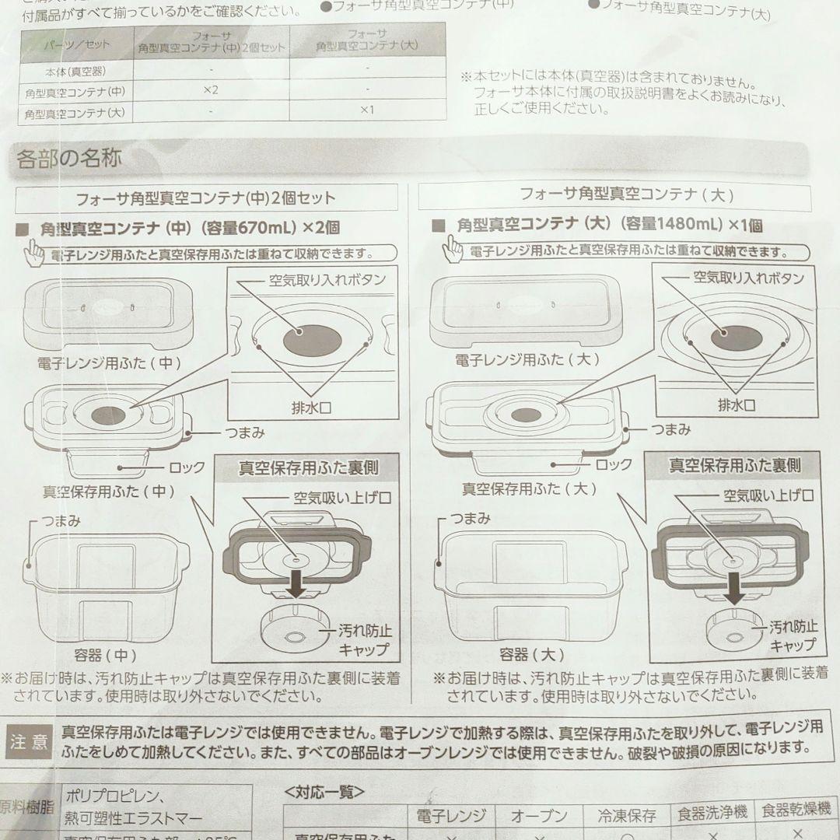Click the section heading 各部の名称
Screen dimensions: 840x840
(69, 159)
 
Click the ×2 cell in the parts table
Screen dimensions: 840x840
(211, 90)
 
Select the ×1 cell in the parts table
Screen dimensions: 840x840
(366, 110)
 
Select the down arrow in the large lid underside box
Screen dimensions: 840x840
(731, 589)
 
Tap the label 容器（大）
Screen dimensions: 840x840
(531, 654)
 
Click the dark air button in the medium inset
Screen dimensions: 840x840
(312, 341)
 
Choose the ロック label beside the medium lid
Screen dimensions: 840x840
(187, 467)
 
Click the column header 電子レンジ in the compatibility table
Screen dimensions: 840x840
(451, 816)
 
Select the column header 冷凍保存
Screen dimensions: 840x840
(627, 816)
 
